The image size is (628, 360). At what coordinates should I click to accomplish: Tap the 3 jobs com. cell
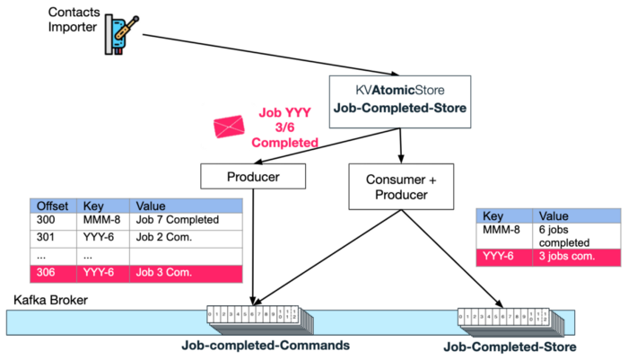pos(575,258)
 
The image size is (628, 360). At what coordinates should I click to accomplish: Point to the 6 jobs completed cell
pos(575,236)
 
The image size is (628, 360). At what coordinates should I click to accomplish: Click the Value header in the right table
pos(575,216)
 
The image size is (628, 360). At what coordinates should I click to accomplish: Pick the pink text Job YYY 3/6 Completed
pos(284,127)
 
